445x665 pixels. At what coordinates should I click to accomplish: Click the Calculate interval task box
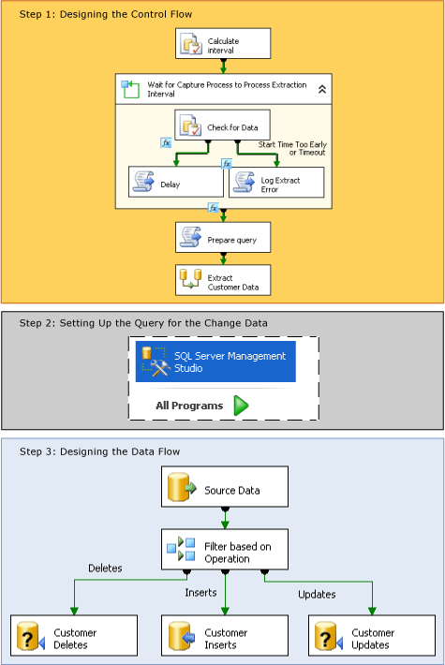pyautogui.click(x=223, y=43)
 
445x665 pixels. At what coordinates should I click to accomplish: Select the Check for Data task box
pyautogui.click(x=223, y=126)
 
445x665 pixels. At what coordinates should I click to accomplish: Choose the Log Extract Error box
pyautogui.click(x=276, y=183)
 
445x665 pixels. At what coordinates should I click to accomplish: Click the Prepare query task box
pyautogui.click(x=223, y=238)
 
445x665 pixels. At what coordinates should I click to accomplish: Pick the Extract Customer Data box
pyautogui.click(x=223, y=280)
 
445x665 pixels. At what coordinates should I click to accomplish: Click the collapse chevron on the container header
pyautogui.click(x=321, y=89)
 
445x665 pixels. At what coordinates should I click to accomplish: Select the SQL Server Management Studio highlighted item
pyautogui.click(x=215, y=362)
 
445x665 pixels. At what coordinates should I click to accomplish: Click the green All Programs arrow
pyautogui.click(x=240, y=406)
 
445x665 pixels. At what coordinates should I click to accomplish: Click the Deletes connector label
pyautogui.click(x=105, y=569)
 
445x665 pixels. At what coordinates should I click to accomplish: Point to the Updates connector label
pyautogui.click(x=317, y=595)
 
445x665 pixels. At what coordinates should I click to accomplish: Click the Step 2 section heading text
pyautogui.click(x=143, y=322)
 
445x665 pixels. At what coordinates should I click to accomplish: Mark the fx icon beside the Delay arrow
pyautogui.click(x=166, y=143)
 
